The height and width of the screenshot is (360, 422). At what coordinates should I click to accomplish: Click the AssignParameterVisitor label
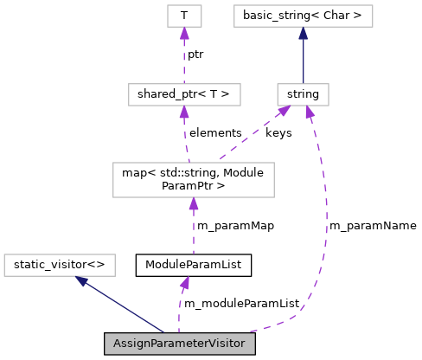click(179, 344)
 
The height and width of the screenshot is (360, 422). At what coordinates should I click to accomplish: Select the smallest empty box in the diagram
click(184, 16)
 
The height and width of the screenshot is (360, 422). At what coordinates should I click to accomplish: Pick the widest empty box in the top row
click(303, 16)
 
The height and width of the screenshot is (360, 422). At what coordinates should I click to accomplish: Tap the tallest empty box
click(194, 180)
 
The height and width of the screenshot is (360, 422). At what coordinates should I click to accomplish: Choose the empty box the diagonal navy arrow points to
click(60, 265)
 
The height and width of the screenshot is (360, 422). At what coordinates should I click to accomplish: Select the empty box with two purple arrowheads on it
click(303, 94)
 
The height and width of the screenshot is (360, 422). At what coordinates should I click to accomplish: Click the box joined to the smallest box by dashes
click(184, 94)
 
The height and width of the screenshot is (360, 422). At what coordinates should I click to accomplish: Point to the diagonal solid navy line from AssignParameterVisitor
click(121, 305)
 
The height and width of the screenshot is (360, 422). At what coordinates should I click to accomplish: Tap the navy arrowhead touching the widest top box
click(303, 33)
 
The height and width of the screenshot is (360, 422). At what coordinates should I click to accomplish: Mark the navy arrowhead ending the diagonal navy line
click(81, 280)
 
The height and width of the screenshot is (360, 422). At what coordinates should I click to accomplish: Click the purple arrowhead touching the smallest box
click(184, 33)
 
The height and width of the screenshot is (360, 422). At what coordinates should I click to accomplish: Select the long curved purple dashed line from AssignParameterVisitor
click(325, 234)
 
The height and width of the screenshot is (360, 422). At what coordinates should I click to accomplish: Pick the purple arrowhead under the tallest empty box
click(194, 203)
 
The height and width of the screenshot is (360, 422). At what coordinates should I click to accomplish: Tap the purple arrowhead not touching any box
click(184, 282)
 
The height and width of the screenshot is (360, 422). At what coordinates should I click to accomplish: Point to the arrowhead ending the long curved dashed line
click(310, 112)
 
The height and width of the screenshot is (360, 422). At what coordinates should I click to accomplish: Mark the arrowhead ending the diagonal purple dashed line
click(284, 110)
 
